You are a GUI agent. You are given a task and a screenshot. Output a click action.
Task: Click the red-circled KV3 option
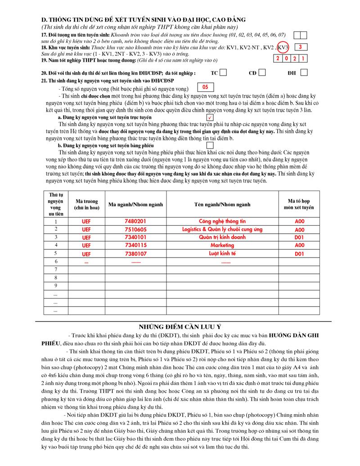283,47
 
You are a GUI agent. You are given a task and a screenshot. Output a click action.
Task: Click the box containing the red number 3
300,47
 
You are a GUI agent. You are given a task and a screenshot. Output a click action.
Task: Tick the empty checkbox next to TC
223,72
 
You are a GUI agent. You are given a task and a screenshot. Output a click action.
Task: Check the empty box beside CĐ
262,72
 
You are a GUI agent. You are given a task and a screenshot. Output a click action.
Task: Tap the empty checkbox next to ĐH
304,72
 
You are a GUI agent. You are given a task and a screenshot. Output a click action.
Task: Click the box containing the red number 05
205,87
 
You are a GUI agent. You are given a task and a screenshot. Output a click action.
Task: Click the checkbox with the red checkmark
210,117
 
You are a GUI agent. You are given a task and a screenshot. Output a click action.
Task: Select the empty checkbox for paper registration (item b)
210,145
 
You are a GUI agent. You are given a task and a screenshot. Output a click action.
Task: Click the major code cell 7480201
135,222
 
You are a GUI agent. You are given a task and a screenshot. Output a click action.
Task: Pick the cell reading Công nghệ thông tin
223,222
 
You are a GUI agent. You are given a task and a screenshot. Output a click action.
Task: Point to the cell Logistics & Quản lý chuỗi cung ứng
223,230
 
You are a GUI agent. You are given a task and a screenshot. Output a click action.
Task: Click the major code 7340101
135,237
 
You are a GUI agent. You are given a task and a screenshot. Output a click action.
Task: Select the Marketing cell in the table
223,245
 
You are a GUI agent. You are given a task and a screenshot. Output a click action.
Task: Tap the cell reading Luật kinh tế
223,253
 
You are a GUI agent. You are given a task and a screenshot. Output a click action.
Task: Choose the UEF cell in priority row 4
86,245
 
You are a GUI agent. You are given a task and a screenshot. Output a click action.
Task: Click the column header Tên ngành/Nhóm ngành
223,204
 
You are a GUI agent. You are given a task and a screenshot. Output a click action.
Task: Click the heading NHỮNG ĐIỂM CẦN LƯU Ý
180,326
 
